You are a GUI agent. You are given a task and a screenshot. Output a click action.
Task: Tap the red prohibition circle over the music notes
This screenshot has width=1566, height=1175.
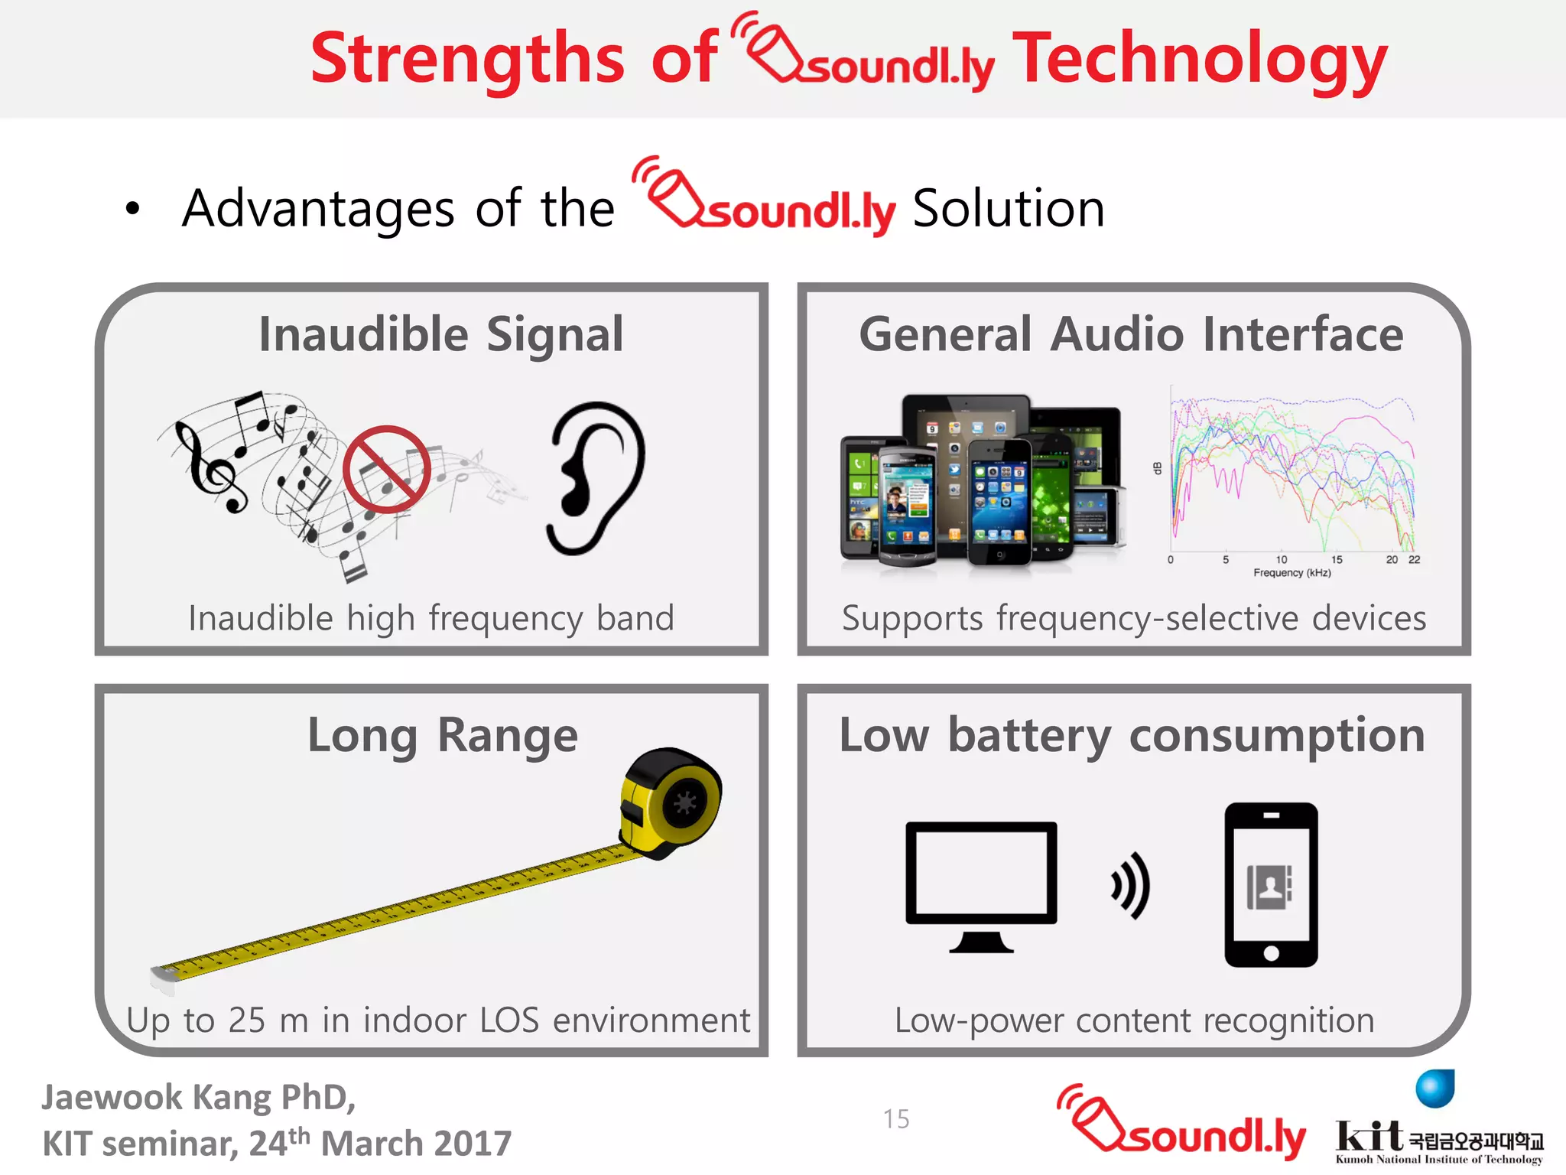[x=387, y=469]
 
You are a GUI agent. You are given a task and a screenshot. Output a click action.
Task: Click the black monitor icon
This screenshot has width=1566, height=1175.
[x=981, y=884]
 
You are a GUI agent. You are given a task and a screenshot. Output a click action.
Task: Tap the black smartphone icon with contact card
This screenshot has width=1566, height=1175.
[x=1271, y=884]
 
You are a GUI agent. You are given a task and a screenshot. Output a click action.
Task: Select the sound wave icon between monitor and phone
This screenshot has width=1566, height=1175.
[x=1132, y=885]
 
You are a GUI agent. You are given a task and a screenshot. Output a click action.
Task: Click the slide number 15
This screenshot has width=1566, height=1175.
[x=896, y=1119]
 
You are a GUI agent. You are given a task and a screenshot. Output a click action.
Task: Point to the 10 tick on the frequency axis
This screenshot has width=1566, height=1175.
[x=1282, y=560]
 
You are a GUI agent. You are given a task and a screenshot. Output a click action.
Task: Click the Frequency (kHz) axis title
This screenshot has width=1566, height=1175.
[x=1292, y=573]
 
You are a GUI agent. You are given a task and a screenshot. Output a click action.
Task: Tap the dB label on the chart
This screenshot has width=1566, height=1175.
[x=1158, y=468]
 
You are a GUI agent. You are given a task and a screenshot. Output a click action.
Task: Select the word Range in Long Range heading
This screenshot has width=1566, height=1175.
[x=508, y=736]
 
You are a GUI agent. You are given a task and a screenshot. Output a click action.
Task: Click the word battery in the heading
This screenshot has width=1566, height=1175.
[x=1030, y=736]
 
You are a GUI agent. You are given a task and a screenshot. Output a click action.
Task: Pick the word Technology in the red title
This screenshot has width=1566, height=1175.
[x=1199, y=60]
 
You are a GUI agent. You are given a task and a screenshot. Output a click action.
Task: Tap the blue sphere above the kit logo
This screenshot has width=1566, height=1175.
[x=1434, y=1088]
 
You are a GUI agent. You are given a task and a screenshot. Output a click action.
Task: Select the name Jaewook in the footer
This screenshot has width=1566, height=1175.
[x=112, y=1098]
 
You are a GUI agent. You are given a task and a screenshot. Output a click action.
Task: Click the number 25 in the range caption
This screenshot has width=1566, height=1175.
[x=247, y=1020]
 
